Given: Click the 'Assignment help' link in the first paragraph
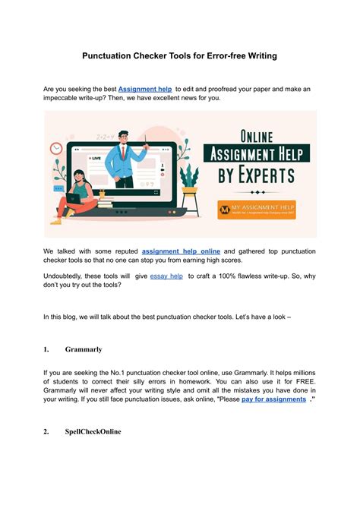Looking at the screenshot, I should tap(144, 89).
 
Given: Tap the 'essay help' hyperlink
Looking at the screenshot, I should tap(166, 277).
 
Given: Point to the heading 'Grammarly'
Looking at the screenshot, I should tap(84, 350).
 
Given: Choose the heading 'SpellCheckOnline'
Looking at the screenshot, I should tap(93, 432).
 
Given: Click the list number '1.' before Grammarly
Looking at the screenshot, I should tap(46, 350).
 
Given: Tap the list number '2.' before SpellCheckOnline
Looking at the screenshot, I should tap(46, 432).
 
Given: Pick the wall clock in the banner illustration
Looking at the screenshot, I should tap(57, 150).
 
